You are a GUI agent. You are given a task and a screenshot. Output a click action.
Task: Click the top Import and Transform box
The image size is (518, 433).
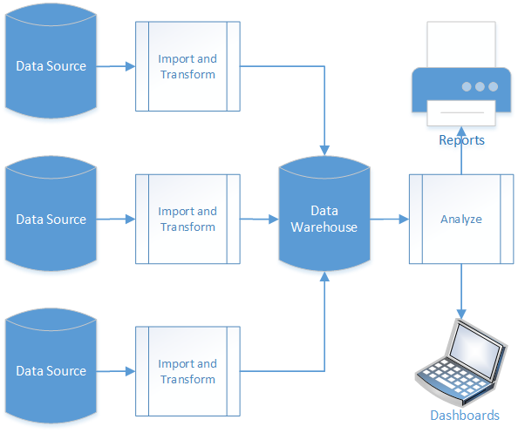[187, 66]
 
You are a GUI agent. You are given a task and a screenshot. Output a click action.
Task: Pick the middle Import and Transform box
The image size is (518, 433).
[187, 219]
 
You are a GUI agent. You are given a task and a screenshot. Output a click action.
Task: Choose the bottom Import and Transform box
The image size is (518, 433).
[187, 371]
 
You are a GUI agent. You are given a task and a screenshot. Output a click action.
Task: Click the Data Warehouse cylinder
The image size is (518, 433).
[324, 219]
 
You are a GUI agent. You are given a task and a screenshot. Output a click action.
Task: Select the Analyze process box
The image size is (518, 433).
[460, 219]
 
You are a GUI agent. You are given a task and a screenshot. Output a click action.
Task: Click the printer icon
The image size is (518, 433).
[461, 87]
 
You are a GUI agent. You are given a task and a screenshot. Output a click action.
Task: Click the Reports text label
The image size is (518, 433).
[461, 140]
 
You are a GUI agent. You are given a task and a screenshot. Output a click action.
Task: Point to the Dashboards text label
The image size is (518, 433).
[465, 416]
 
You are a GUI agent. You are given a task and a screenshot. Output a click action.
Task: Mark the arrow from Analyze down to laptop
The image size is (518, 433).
[461, 292]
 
